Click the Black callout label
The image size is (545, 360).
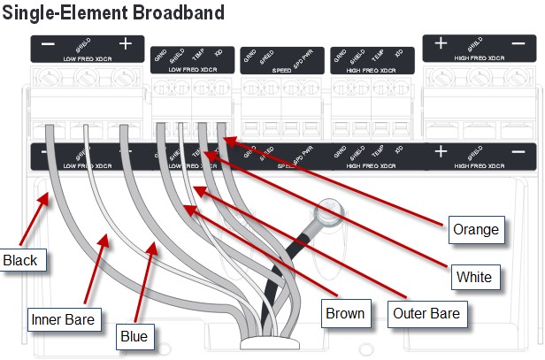tap(20, 261)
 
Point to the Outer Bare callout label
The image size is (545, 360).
tap(425, 312)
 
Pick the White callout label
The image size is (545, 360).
tap(474, 277)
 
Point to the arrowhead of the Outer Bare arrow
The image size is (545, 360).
tap(195, 187)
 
